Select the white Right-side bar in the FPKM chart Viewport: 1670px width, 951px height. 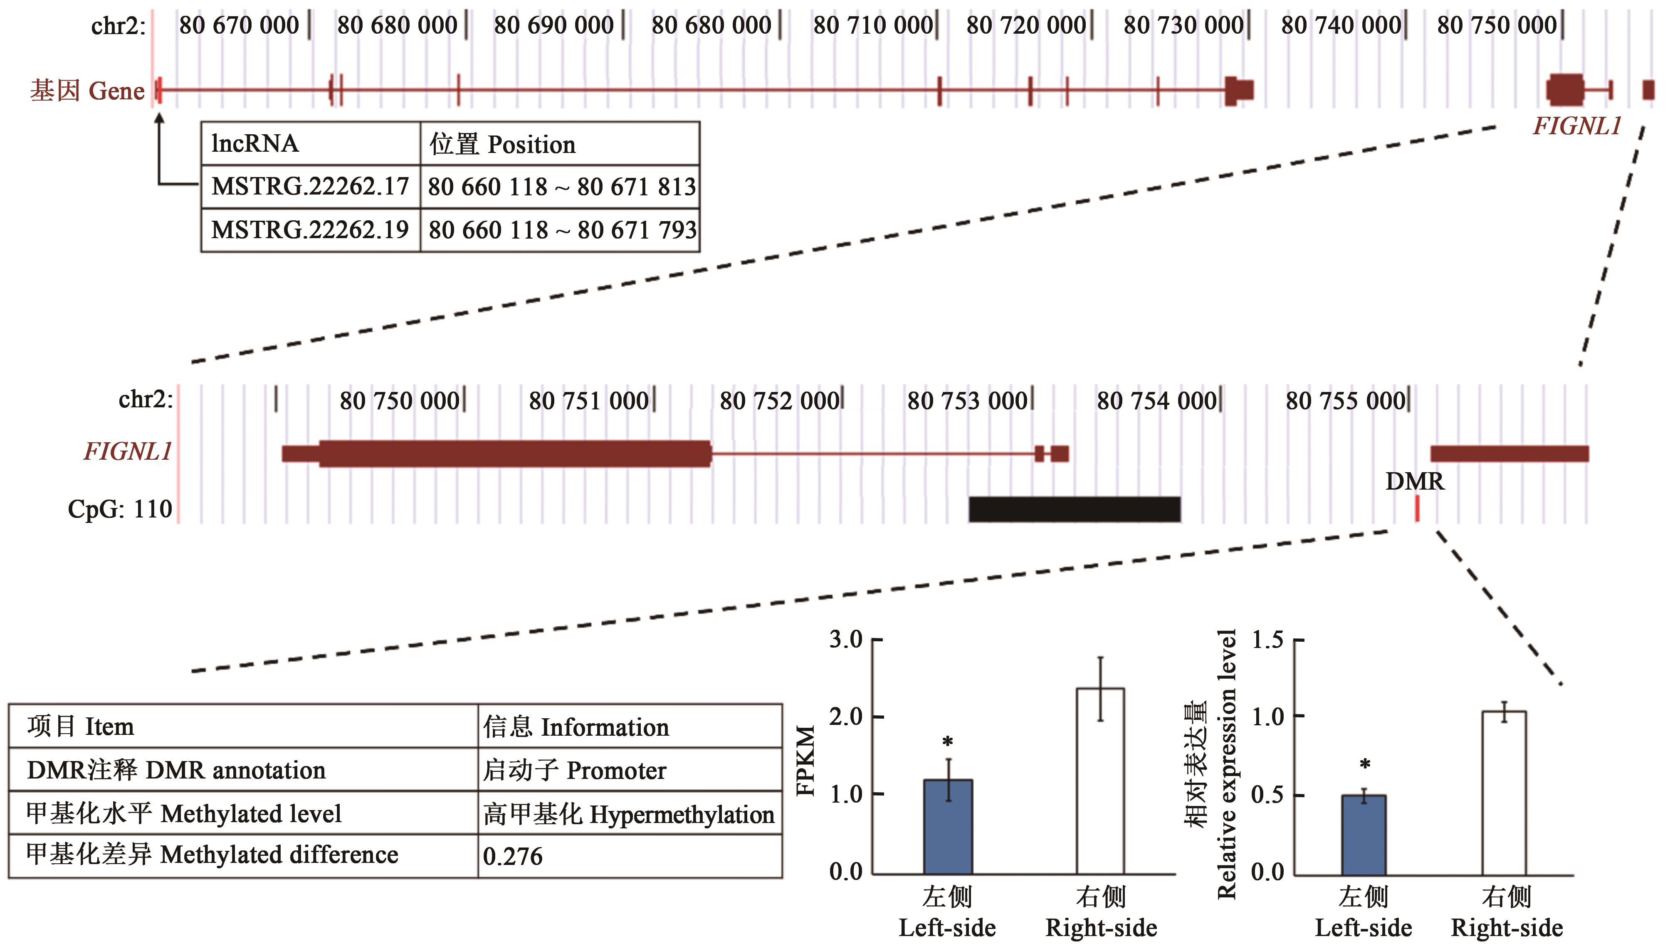pos(1100,781)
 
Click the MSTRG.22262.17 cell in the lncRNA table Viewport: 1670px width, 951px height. pos(310,187)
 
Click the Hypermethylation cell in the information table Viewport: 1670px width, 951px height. pos(628,814)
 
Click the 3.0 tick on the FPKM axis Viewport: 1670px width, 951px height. pos(846,639)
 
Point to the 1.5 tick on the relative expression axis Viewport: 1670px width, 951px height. pos(1267,639)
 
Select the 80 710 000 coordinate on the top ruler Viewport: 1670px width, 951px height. pos(872,25)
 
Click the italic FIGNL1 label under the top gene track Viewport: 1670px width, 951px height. pos(1576,126)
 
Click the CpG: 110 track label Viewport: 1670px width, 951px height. pos(120,509)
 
